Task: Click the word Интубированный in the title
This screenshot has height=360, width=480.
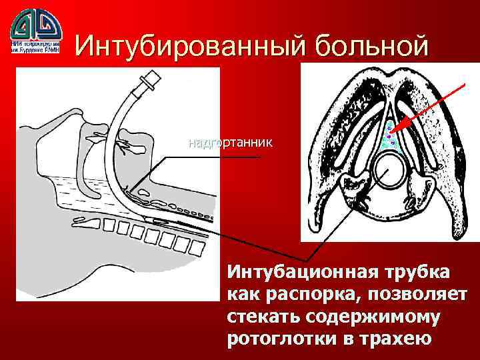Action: point(181,45)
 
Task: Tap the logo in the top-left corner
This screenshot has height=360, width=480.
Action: point(37,25)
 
